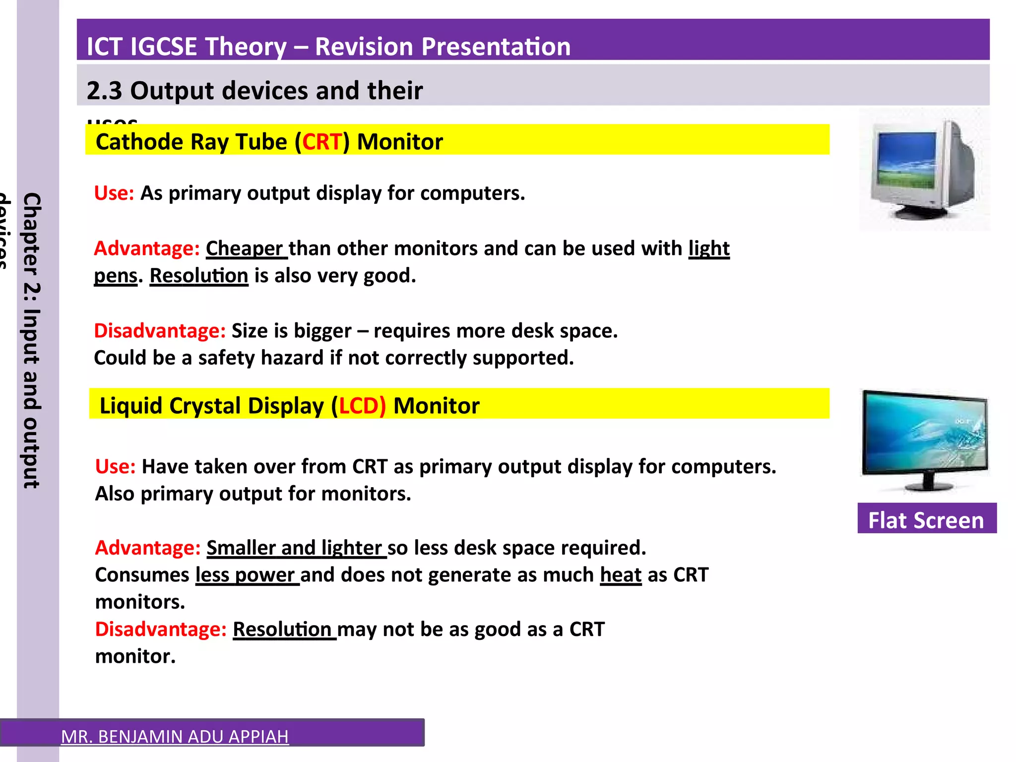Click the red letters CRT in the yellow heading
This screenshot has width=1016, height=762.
coord(322,142)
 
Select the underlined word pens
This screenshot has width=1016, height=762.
coord(115,276)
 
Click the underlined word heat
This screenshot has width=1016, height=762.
coord(620,575)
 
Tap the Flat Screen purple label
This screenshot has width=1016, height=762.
coord(926,519)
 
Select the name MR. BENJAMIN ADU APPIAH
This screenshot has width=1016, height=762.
coord(175,736)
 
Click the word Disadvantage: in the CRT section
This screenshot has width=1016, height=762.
coord(160,331)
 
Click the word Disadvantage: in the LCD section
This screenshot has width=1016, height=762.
coord(161,630)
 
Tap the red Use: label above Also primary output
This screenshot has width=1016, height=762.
coord(115,467)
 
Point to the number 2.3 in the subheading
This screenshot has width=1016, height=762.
coord(104,91)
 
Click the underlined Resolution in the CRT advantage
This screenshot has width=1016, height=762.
coord(198,276)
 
